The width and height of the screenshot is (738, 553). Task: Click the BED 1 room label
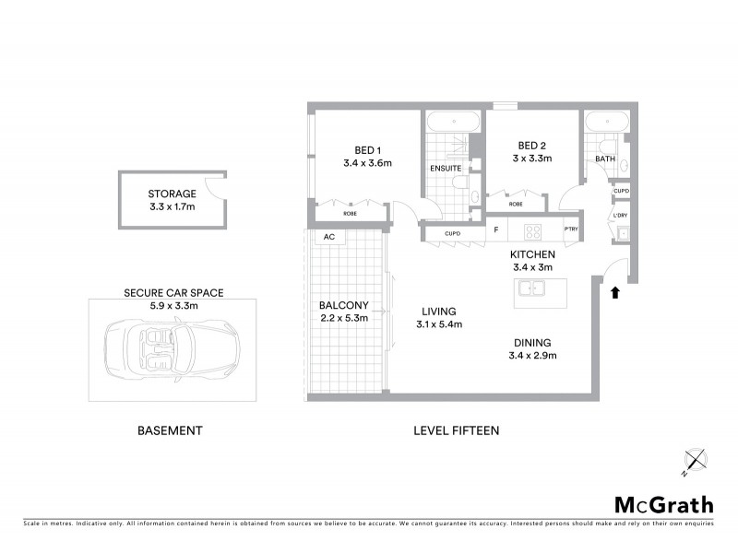coord(367,149)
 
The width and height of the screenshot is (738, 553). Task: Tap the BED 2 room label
coord(532,146)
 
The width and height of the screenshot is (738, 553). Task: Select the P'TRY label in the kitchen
coord(572,230)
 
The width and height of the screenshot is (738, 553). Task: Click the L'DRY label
coord(621,216)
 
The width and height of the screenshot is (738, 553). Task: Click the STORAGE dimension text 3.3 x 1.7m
coord(172,208)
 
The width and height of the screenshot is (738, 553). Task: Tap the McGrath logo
coord(663,504)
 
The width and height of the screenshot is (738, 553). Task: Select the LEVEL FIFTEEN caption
coord(456,430)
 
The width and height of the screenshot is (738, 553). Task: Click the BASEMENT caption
coord(170,430)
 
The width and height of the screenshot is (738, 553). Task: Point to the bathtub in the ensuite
coord(453,122)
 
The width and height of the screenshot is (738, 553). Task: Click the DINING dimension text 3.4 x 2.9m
coord(534,355)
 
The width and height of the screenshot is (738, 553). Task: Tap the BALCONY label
coord(343,305)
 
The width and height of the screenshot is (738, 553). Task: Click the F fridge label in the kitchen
coord(495,230)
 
